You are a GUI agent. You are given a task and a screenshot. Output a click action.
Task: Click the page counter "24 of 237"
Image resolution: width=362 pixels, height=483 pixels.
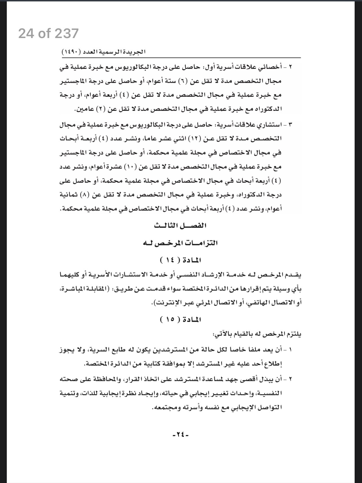pyautogui.click(x=48, y=34)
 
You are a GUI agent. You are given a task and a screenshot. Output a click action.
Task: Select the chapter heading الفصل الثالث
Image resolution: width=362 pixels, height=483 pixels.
pyautogui.click(x=180, y=226)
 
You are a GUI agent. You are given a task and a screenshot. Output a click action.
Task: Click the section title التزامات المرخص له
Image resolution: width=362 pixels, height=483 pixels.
pyautogui.click(x=180, y=243)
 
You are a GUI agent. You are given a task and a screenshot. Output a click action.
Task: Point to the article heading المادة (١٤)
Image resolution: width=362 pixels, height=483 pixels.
pyautogui.click(x=180, y=260)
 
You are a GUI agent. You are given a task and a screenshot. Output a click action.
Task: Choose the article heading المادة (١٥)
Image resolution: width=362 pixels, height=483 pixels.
pyautogui.click(x=180, y=320)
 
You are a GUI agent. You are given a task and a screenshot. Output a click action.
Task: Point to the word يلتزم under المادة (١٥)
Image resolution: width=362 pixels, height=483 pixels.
pyautogui.click(x=294, y=334)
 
